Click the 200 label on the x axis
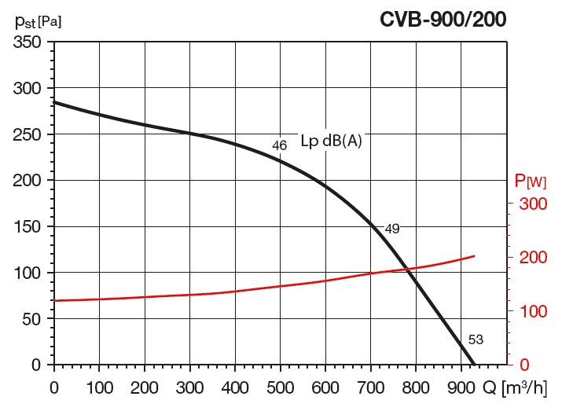point(145,387)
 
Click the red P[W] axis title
point(530,181)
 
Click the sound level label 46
point(279,145)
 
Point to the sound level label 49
point(392,229)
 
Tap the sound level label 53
point(476,340)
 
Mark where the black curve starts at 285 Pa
point(54,102)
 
